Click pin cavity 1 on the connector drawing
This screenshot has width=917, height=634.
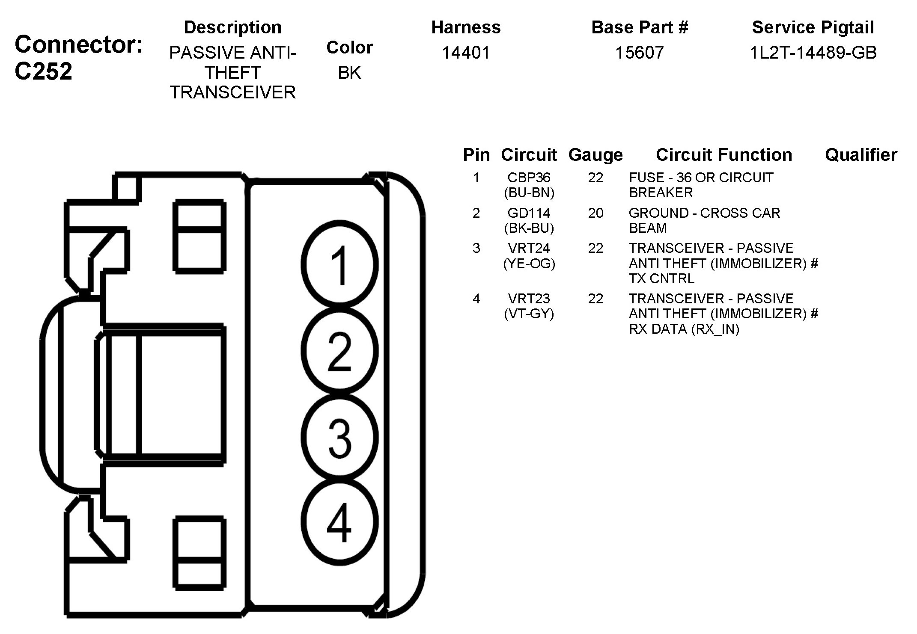[339, 265]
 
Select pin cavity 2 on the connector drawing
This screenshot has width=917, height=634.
[339, 351]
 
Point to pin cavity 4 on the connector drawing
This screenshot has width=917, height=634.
[339, 522]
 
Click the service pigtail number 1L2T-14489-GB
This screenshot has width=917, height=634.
[813, 53]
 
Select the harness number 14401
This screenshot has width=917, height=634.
[465, 53]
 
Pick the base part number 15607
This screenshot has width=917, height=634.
[639, 53]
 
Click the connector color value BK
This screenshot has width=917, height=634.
[349, 73]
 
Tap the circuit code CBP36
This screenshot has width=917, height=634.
[529, 178]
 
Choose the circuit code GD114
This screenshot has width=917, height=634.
[529, 213]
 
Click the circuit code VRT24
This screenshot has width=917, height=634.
[529, 248]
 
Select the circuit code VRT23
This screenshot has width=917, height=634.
[529, 299]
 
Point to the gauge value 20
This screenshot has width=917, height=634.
[595, 213]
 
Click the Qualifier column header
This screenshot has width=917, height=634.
[861, 155]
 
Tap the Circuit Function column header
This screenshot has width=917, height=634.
[723, 155]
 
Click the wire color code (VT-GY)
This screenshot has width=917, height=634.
[529, 314]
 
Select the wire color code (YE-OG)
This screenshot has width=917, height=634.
[529, 264]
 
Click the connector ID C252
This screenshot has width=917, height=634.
[43, 71]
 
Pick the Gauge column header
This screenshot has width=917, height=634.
[595, 155]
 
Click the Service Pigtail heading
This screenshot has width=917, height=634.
[813, 27]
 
